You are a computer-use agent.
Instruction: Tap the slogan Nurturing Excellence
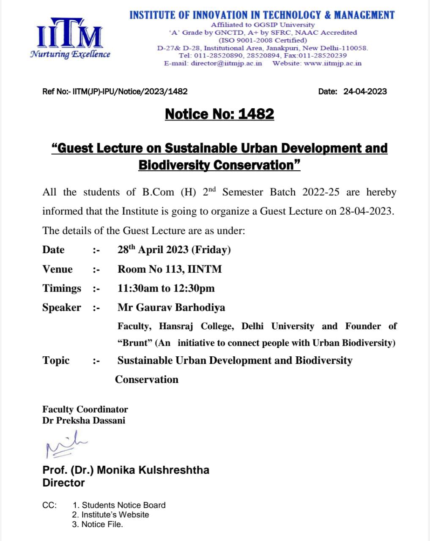(70, 54)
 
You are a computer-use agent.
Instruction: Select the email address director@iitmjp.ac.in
(226, 63)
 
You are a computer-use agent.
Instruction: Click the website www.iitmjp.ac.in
(333, 63)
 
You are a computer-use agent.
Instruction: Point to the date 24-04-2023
(365, 91)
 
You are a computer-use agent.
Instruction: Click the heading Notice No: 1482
(219, 114)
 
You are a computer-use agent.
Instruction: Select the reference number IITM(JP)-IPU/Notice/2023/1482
(130, 91)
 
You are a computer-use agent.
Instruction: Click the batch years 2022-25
(320, 192)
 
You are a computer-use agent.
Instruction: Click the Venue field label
(58, 269)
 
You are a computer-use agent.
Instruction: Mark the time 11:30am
(138, 288)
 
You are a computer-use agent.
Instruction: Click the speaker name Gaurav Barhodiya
(181, 307)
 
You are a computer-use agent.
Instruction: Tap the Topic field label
(56, 361)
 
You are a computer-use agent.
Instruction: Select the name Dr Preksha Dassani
(84, 421)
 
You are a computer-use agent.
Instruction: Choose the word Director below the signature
(63, 483)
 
